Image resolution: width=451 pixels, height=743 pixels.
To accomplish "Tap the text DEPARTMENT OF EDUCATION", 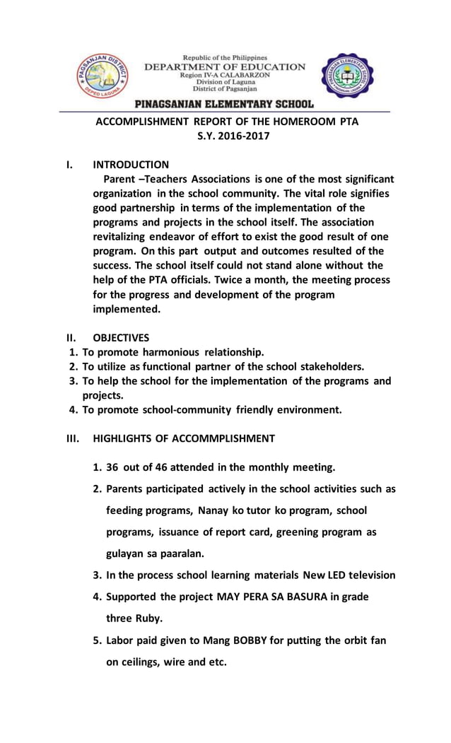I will point(225,67).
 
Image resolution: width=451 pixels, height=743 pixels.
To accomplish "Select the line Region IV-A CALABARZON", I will point(225,75).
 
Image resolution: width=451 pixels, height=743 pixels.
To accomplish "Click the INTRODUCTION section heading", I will point(131,165).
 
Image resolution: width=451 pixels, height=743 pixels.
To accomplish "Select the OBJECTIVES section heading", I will point(121,338).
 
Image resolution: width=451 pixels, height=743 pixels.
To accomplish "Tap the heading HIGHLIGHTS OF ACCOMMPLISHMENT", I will point(184,438).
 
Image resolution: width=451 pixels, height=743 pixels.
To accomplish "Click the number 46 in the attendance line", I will point(164,467).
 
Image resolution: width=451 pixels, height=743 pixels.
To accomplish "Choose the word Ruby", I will point(147,619).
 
